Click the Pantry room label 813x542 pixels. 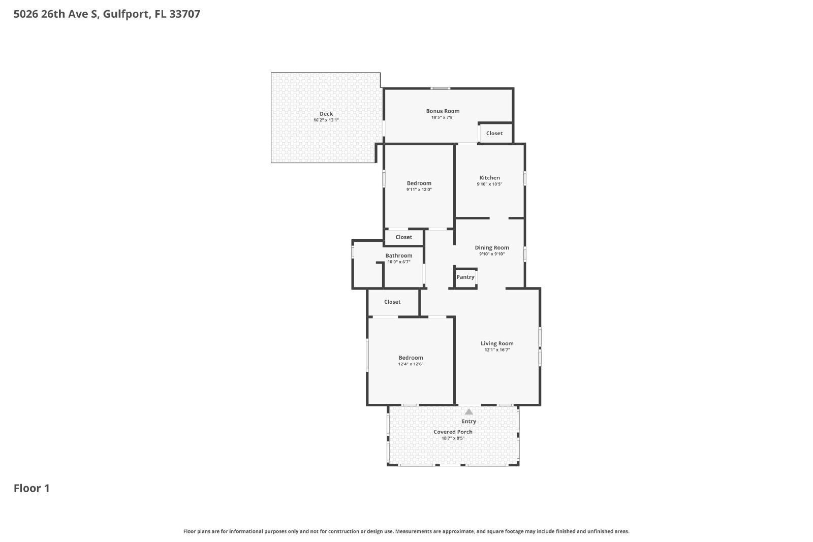(465, 277)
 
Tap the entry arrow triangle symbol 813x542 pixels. (468, 412)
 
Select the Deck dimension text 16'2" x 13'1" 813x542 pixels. (326, 120)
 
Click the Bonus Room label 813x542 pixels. (443, 111)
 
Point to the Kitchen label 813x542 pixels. (489, 178)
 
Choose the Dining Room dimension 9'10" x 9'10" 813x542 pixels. (491, 254)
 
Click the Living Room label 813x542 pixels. (497, 343)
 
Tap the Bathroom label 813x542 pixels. (398, 256)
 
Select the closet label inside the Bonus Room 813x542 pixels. (494, 133)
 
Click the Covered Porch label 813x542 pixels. (453, 432)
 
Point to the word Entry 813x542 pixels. (468, 421)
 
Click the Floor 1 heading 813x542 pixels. (32, 488)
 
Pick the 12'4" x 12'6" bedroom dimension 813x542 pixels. (411, 364)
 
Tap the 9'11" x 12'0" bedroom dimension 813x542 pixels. (419, 189)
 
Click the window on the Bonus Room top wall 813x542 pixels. (441, 88)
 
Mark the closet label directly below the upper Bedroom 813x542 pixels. (403, 237)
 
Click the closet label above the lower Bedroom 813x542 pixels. (392, 302)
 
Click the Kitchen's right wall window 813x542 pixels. (525, 178)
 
